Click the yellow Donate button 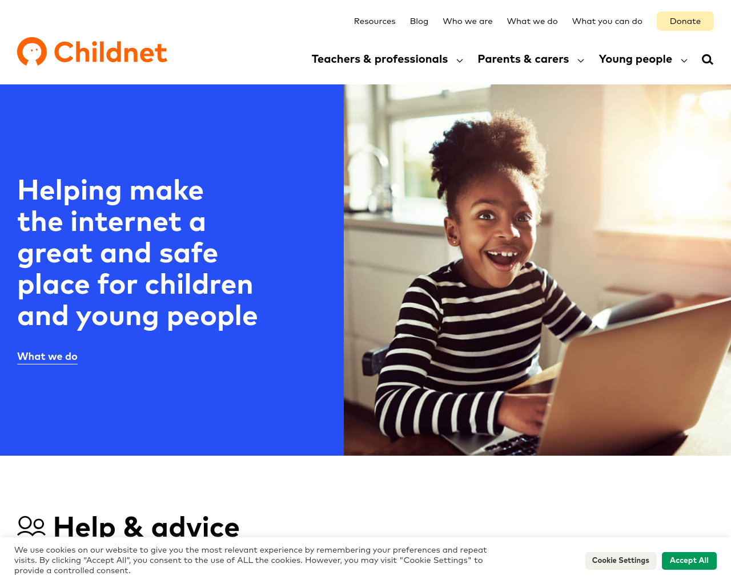[685, 21]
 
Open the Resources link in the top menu [375, 21]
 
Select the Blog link [419, 21]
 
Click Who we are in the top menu [467, 21]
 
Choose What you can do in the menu [607, 21]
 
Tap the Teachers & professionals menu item [380, 59]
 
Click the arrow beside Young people [684, 61]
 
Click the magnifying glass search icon [707, 59]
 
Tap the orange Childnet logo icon [32, 51]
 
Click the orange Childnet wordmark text [110, 52]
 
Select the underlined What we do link [47, 356]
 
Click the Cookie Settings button [620, 560]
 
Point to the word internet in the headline [126, 222]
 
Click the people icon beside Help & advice [31, 526]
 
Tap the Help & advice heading [146, 527]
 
